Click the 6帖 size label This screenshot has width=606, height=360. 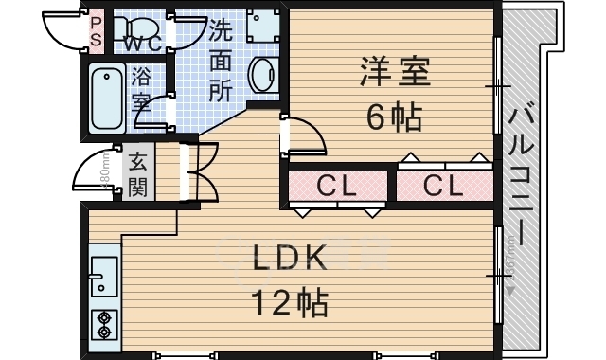click(x=394, y=117)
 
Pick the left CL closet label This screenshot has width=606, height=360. click(x=336, y=186)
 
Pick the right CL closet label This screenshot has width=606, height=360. click(x=443, y=186)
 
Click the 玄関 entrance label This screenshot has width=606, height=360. click(x=138, y=173)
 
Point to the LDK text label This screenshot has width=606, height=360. click(x=289, y=257)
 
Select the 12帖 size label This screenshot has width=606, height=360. click(x=289, y=303)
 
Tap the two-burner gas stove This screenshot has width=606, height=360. click(x=103, y=323)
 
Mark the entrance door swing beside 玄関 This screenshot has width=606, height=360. click(x=95, y=173)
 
